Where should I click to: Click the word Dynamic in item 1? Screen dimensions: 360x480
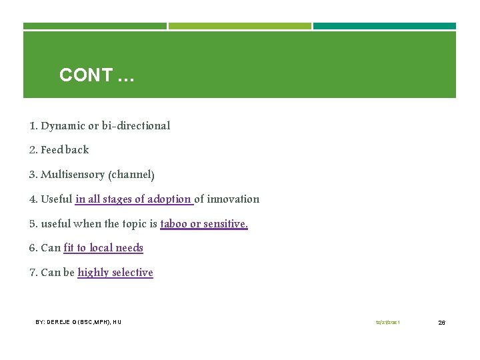tap(63, 125)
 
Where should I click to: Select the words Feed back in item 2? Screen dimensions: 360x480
tap(65, 150)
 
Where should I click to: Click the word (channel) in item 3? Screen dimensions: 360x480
tap(133, 175)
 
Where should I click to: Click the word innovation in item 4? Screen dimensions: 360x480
tap(233, 199)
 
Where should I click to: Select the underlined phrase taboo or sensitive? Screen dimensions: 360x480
tap(204, 223)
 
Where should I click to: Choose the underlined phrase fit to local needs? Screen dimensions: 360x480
tap(103, 248)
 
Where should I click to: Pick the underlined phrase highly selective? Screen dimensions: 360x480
tap(115, 273)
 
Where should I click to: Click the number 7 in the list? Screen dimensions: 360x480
tap(33, 273)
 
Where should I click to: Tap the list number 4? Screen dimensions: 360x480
tap(33, 199)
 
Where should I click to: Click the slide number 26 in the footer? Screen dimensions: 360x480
tap(441, 323)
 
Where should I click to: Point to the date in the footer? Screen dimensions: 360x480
tap(387, 323)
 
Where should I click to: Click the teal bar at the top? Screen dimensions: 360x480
tap(384, 26)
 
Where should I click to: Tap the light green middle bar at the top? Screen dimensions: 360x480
tap(239, 26)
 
